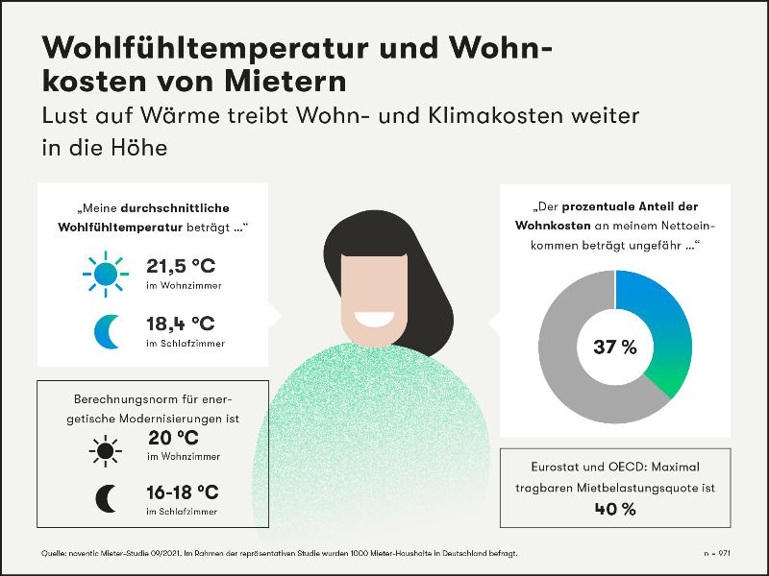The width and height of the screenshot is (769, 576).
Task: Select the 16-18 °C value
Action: coord(184,492)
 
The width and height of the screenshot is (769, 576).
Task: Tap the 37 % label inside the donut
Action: coord(615,347)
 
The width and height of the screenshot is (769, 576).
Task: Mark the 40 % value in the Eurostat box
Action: coord(615,508)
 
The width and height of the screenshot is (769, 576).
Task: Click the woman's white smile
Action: coord(372,317)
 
